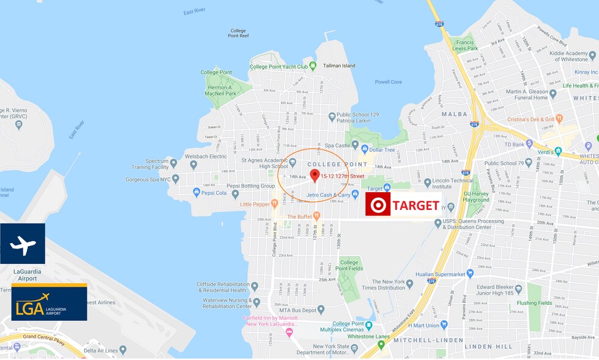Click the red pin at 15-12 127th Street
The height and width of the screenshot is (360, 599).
[x=314, y=176]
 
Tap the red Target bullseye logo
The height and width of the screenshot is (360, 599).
[x=378, y=204]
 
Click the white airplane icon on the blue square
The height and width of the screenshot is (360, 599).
[x=23, y=244]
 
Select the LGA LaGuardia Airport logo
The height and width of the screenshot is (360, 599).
[x=49, y=302]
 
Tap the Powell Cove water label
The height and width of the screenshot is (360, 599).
[x=388, y=81]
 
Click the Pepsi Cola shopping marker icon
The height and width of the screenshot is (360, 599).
[x=196, y=192]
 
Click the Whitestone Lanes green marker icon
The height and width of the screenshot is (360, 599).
[x=381, y=345]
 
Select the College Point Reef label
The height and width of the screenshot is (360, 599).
[x=238, y=33]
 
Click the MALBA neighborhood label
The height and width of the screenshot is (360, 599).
[x=454, y=114]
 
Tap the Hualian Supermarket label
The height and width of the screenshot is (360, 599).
[x=444, y=274]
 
